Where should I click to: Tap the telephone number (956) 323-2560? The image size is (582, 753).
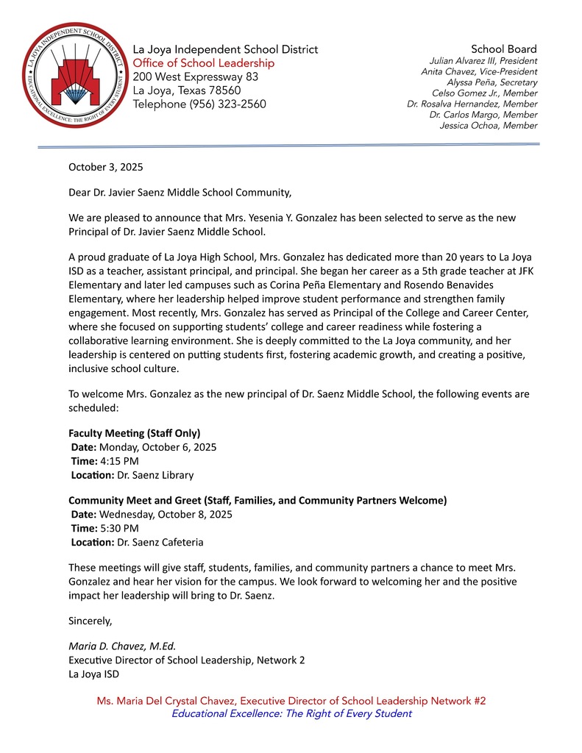[x=230, y=104]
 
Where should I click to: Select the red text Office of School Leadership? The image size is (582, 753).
[x=203, y=63]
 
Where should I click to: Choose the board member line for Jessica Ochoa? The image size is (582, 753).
[x=488, y=126]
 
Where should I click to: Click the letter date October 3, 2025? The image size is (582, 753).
[x=105, y=167]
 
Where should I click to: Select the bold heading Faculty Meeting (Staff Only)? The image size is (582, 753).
[x=134, y=432]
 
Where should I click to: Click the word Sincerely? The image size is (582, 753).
[x=90, y=621]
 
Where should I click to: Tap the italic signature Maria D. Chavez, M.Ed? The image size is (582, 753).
[x=122, y=646]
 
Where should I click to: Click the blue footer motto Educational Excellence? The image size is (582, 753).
[x=291, y=713]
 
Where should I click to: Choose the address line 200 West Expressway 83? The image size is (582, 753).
[x=195, y=76]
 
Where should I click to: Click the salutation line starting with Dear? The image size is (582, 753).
[x=180, y=193]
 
